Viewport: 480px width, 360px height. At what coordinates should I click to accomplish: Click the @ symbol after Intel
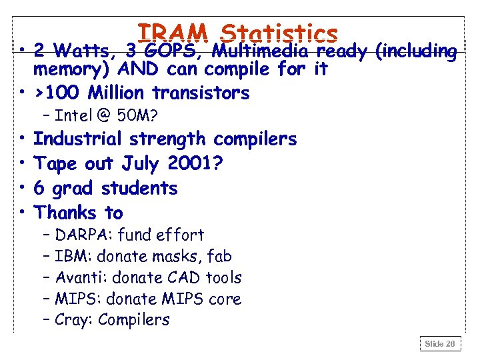(x=103, y=116)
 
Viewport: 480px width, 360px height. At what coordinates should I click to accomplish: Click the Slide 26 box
(x=440, y=343)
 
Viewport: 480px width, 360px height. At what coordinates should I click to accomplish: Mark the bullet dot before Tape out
(x=22, y=164)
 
